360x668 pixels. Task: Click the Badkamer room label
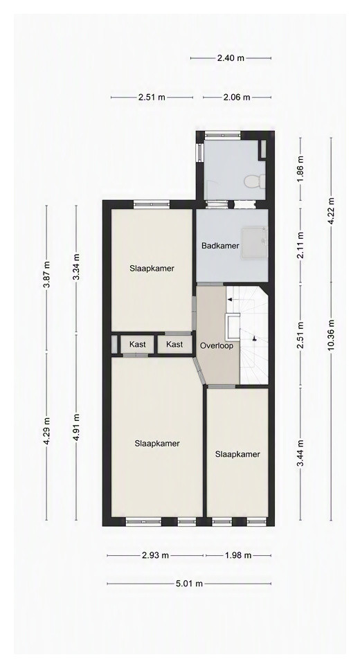(220, 246)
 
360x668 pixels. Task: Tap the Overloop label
(217, 346)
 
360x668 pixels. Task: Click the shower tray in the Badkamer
(254, 243)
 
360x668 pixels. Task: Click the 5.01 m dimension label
(189, 584)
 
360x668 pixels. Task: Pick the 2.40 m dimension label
(231, 58)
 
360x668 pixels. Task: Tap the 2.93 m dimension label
(156, 556)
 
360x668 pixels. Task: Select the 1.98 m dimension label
(238, 556)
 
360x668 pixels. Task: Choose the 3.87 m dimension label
(46, 274)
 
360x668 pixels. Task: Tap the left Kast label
(137, 344)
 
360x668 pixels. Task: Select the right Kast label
(174, 344)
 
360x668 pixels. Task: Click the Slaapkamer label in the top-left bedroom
(152, 269)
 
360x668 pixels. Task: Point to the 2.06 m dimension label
(237, 98)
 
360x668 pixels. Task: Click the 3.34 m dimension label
(76, 267)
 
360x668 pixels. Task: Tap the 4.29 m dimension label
(46, 431)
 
